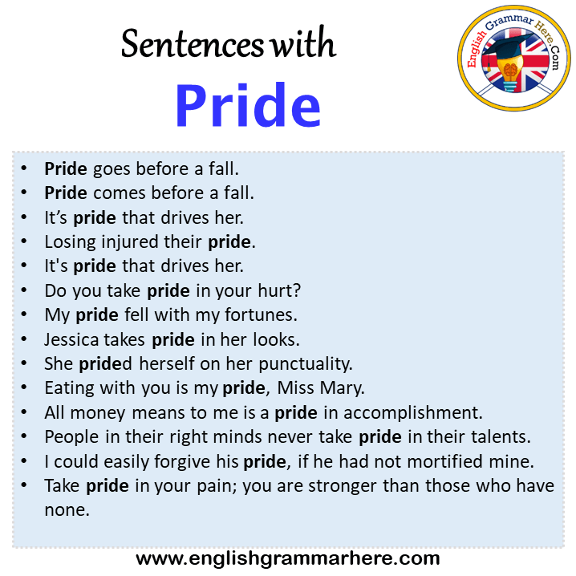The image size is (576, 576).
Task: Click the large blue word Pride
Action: click(249, 105)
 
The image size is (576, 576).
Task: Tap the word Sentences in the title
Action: click(192, 44)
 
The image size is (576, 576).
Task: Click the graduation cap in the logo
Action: click(507, 47)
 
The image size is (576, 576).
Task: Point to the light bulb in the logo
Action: click(509, 74)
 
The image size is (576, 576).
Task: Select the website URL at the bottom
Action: click(288, 558)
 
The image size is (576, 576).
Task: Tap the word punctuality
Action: click(306, 364)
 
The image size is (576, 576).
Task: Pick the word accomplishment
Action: click(412, 413)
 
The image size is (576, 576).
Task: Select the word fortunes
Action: click(261, 315)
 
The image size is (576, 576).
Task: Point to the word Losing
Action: click(70, 242)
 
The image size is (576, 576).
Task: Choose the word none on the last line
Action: click(67, 510)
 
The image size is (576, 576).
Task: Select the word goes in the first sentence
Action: click(112, 170)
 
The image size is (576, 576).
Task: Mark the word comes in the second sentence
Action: click(120, 193)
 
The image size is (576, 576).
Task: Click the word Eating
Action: click(70, 388)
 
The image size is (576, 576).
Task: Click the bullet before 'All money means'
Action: click(24, 412)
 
